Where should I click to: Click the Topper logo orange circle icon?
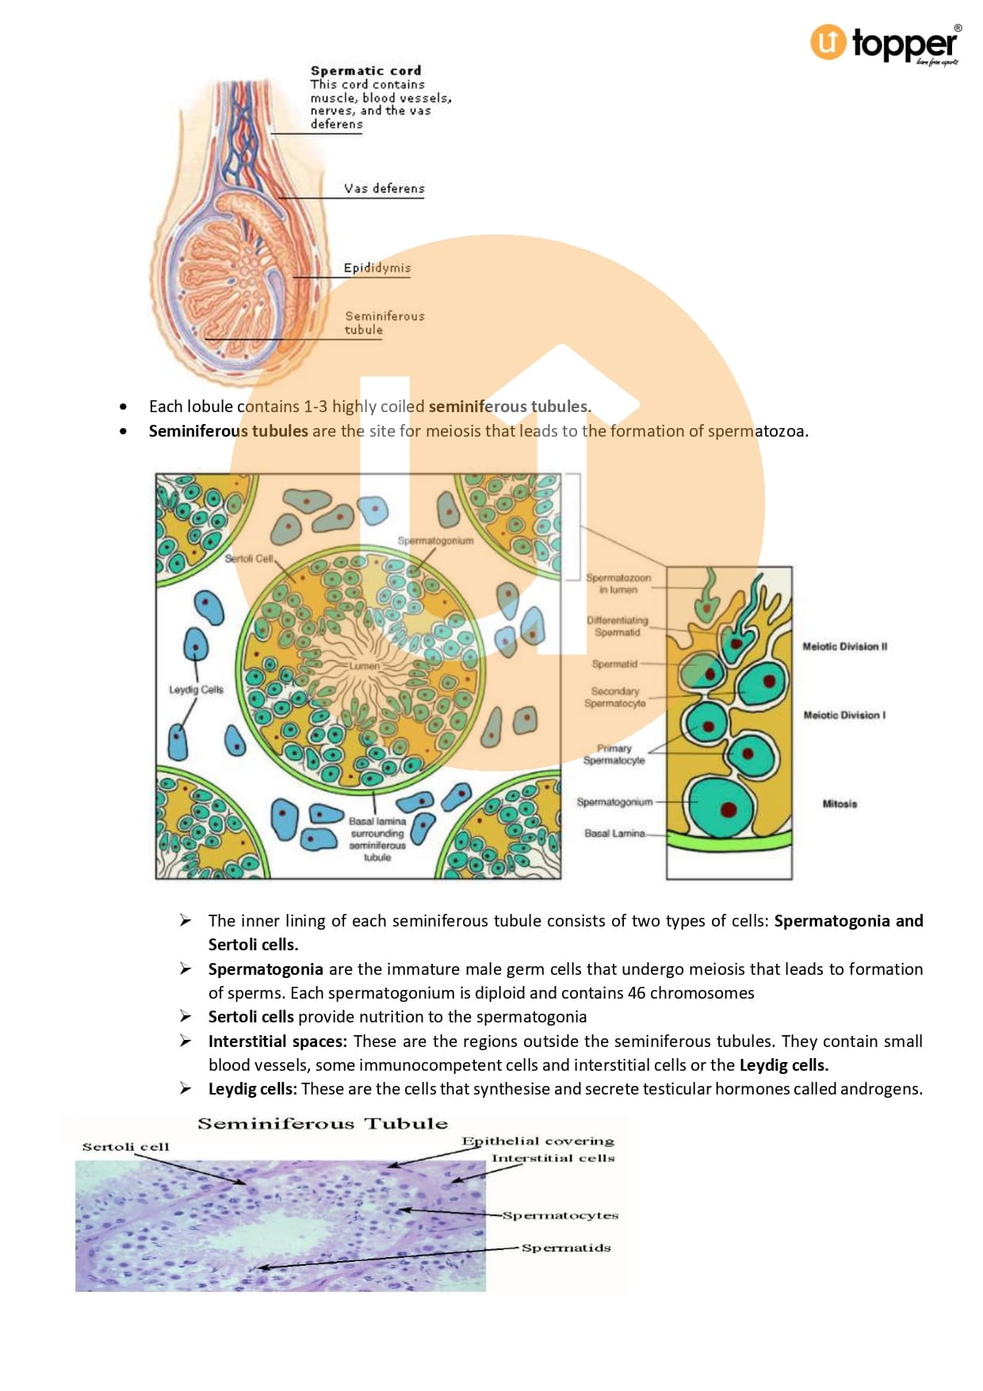[828, 42]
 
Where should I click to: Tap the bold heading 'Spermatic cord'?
[365, 71]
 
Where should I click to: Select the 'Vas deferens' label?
[384, 189]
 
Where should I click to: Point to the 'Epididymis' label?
[377, 268]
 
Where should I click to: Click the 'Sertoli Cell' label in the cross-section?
[249, 559]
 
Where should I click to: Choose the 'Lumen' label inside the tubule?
[365, 666]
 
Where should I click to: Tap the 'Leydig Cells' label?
[196, 690]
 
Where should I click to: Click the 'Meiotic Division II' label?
[844, 647]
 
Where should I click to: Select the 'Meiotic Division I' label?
[844, 715]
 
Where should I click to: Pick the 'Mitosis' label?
[840, 804]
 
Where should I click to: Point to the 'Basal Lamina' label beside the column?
[614, 834]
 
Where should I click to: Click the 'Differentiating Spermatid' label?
[618, 626]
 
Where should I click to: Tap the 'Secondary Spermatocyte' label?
[615, 697]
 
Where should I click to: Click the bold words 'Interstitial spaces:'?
[277, 1041]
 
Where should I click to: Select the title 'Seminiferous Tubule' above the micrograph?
[323, 1124]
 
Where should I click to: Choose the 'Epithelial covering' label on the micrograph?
[538, 1141]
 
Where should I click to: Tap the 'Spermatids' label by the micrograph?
[566, 1248]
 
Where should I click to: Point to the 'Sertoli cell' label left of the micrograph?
[126, 1147]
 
